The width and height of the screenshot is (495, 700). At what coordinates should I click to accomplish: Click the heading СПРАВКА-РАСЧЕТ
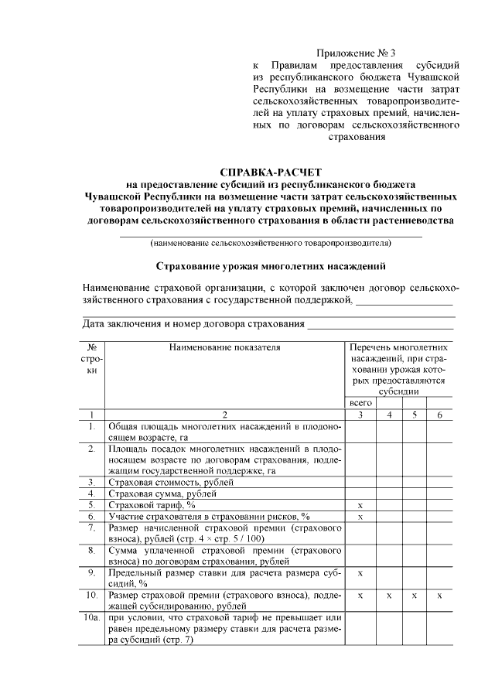click(x=270, y=172)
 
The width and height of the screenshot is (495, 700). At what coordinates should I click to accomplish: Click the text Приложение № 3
click(x=357, y=53)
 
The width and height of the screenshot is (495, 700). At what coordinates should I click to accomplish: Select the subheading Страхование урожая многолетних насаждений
click(x=270, y=267)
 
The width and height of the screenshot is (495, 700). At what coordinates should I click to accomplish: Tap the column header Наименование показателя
click(x=224, y=348)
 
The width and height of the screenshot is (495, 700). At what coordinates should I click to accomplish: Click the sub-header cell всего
click(x=360, y=403)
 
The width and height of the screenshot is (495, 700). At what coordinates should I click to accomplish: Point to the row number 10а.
click(x=92, y=619)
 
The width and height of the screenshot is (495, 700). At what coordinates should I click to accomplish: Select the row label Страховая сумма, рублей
click(x=162, y=493)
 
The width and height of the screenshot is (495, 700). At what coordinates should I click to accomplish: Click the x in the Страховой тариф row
click(x=360, y=505)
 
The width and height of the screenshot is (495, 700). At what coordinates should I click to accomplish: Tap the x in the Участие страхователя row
click(x=360, y=516)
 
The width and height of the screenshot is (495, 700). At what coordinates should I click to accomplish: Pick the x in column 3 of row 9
click(x=360, y=574)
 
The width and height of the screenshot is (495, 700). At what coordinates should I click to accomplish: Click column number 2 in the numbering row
click(x=224, y=415)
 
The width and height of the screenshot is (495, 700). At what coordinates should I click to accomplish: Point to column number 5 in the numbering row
click(x=414, y=415)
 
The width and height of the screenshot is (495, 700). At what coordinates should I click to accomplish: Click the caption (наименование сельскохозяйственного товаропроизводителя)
click(x=270, y=243)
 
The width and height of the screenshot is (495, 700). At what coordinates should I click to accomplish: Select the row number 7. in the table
click(x=92, y=528)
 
